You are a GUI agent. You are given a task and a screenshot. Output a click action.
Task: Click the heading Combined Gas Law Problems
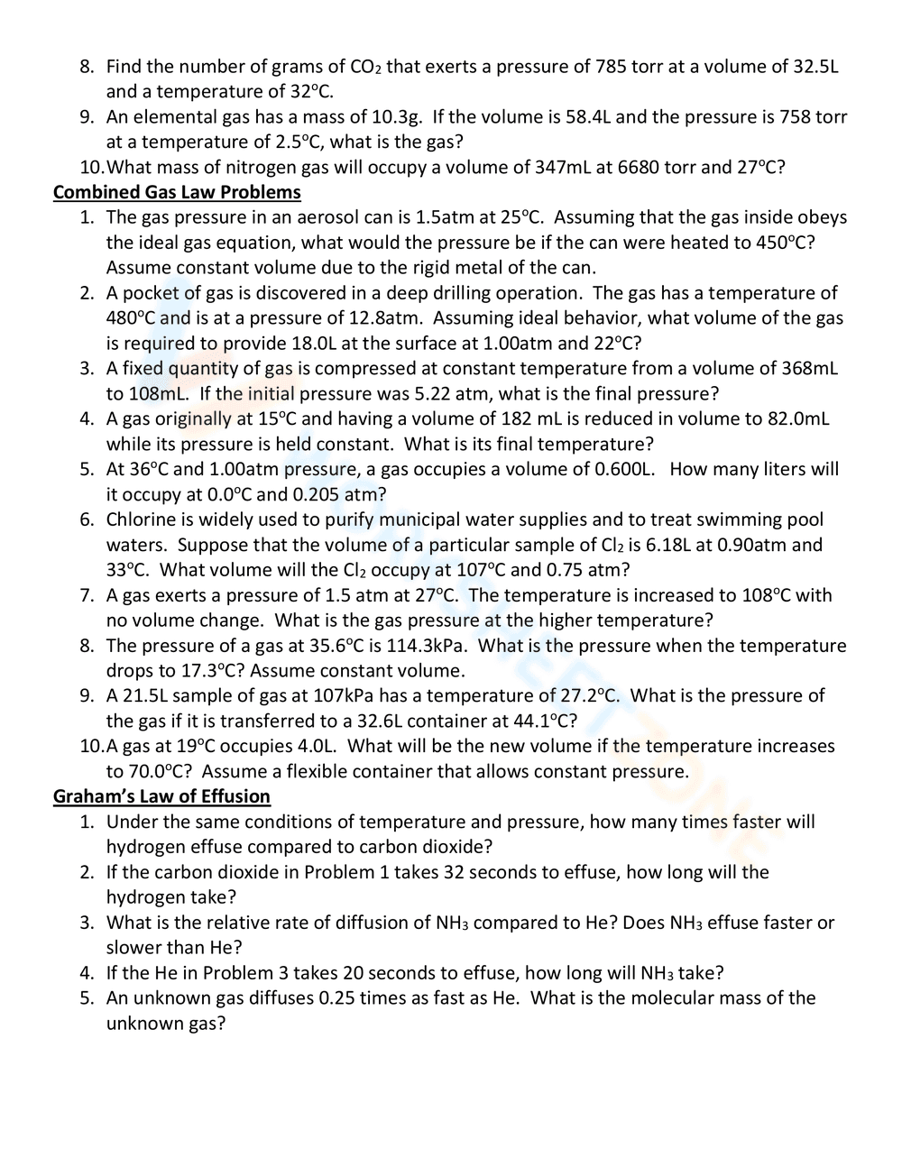coord(177,192)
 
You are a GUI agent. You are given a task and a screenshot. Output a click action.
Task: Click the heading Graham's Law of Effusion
coord(161,796)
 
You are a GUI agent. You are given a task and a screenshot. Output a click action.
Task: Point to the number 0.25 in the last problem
coord(339,998)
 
